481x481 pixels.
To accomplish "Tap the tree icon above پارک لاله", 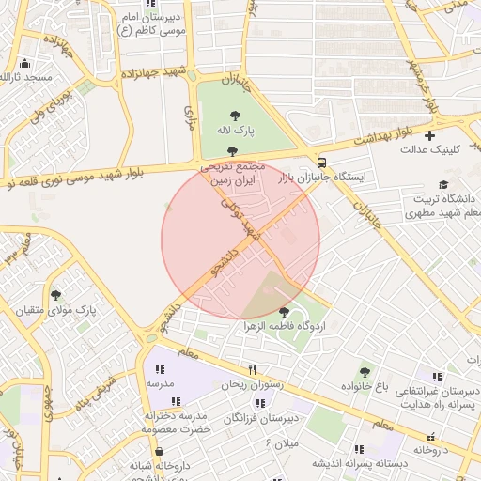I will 233,115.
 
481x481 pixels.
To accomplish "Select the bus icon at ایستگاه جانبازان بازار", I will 322,161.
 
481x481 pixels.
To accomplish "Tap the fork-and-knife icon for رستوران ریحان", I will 252,370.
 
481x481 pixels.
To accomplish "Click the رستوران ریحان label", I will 251,384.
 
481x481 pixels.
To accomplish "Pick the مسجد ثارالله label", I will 27,76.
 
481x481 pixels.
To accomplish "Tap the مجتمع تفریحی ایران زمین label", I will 232,170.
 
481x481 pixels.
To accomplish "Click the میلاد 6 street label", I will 282,442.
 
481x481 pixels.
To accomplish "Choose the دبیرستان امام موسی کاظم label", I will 150,24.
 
